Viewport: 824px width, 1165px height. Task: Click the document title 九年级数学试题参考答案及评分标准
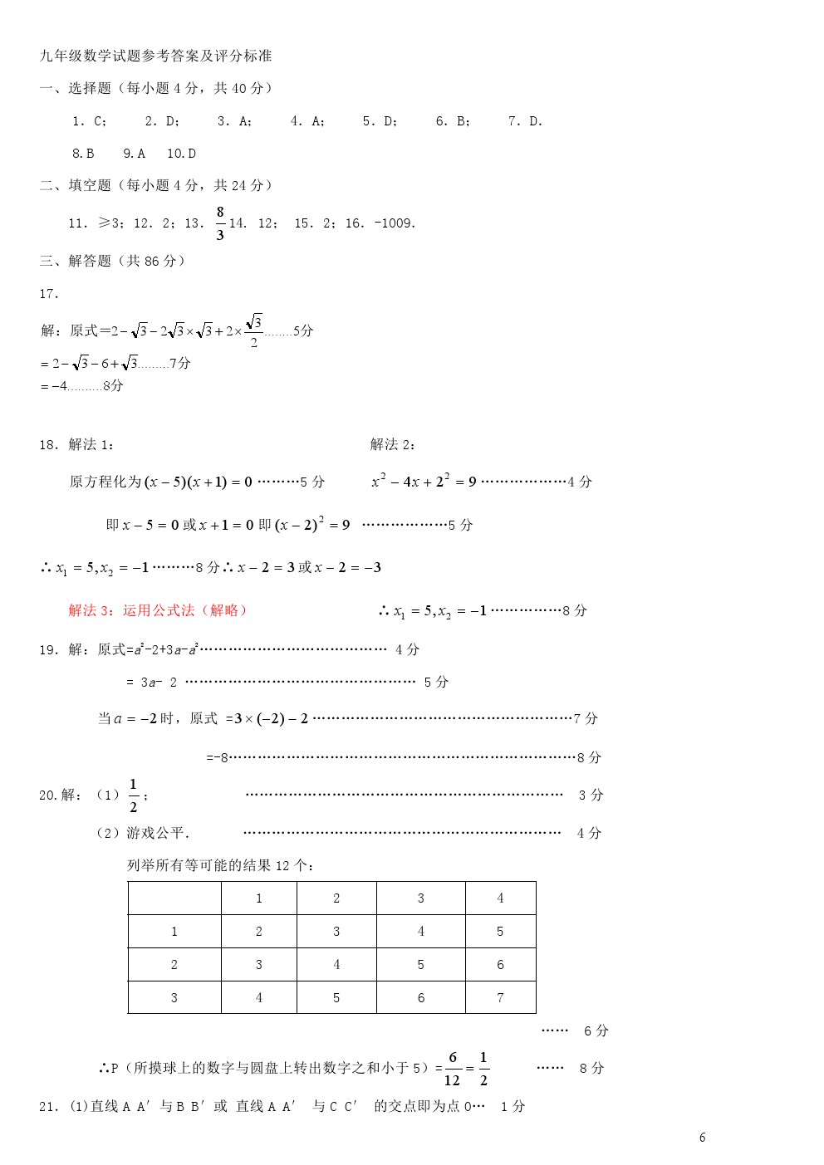tap(156, 56)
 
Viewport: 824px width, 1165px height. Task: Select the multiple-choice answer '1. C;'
tap(89, 121)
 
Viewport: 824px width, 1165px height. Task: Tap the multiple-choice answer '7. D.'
tap(525, 121)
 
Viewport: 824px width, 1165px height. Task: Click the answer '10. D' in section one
tap(181, 154)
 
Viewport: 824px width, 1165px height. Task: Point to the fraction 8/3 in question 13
tap(220, 223)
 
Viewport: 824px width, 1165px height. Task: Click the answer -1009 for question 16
tap(395, 223)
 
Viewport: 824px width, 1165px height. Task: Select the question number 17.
tap(49, 294)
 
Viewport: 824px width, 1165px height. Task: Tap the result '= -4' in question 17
tap(55, 386)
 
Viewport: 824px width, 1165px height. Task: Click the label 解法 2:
tap(393, 444)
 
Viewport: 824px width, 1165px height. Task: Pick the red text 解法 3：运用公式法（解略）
tap(158, 610)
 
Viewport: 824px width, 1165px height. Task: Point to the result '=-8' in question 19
tap(218, 757)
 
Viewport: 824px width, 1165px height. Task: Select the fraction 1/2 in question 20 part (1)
tap(133, 795)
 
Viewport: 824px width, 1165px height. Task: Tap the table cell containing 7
tap(500, 997)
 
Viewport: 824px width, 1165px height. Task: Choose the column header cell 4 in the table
tap(500, 898)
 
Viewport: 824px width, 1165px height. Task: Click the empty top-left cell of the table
tap(174, 898)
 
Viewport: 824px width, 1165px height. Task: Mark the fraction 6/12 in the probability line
tap(452, 1069)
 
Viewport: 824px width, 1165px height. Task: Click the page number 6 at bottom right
tap(703, 1138)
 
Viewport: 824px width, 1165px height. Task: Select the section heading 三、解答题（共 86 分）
tap(113, 261)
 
